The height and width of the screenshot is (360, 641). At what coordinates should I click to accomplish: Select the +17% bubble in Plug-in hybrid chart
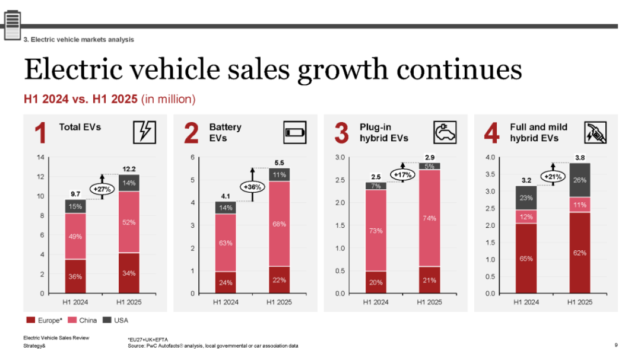(402, 175)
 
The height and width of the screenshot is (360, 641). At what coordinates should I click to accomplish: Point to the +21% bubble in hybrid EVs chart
(552, 176)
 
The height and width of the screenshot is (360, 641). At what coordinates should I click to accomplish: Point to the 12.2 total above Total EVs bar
(129, 168)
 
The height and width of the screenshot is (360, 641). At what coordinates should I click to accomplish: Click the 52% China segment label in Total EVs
(129, 222)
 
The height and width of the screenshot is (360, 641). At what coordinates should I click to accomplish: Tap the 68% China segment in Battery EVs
(280, 224)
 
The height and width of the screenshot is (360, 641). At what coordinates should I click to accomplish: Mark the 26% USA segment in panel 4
(580, 180)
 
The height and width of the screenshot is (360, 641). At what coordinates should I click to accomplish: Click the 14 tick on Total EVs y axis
(40, 158)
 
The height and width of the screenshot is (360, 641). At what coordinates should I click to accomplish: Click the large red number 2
(191, 133)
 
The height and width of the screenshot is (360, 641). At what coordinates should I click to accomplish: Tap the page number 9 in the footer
(616, 345)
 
